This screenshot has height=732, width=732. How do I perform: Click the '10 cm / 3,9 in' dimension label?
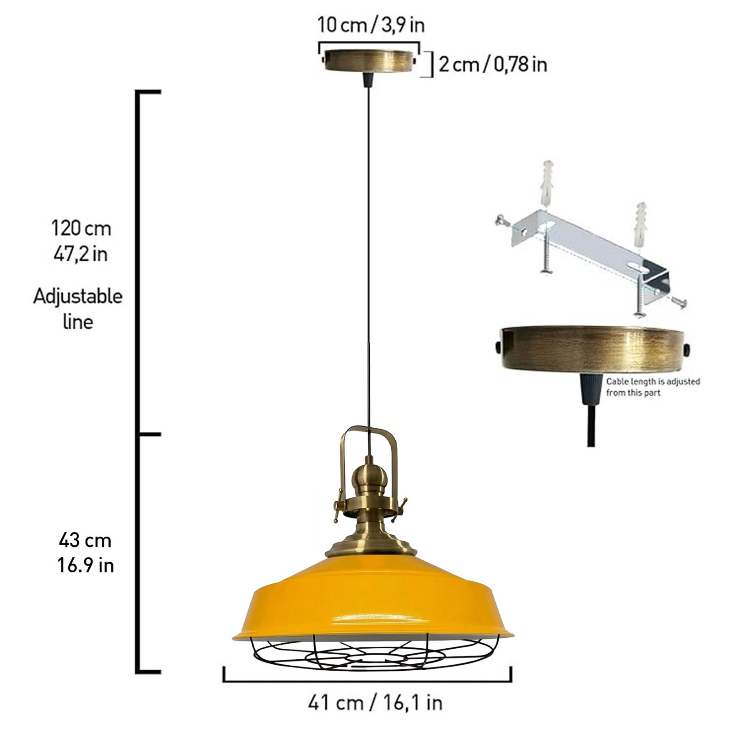tap(371, 25)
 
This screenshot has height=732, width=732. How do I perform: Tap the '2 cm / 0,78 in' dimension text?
tap(493, 65)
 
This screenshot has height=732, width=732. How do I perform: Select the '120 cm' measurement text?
tap(81, 228)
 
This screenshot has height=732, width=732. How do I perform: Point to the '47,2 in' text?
tap(81, 253)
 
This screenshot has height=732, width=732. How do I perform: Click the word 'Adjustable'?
tap(78, 296)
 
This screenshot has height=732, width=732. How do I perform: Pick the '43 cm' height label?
tap(85, 540)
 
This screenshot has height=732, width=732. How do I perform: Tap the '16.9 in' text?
tap(85, 565)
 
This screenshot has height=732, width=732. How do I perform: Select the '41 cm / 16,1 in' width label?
tap(375, 702)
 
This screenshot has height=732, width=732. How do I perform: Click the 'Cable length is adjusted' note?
tap(653, 381)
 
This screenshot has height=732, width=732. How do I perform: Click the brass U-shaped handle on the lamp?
tap(369, 435)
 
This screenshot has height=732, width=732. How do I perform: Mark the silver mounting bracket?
tap(590, 252)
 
